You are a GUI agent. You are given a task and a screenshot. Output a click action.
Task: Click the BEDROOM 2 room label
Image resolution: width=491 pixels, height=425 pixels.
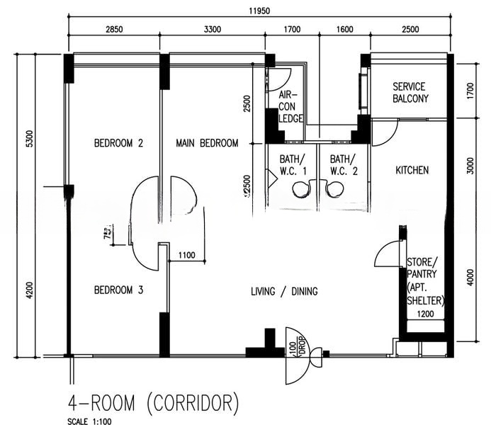pyautogui.click(x=118, y=143)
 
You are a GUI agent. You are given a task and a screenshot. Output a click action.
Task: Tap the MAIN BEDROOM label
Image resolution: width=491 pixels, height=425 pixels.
pyautogui.click(x=207, y=143)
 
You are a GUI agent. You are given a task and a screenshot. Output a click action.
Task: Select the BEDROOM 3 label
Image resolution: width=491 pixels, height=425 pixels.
pyautogui.click(x=118, y=290)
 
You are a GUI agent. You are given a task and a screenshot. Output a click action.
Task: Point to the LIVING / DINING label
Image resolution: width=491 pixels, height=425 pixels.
pyautogui.click(x=284, y=291)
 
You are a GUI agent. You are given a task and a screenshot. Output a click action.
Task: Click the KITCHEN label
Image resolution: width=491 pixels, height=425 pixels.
pyautogui.click(x=412, y=171)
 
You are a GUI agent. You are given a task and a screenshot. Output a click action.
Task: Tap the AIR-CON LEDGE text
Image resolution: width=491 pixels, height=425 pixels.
pyautogui.click(x=289, y=106)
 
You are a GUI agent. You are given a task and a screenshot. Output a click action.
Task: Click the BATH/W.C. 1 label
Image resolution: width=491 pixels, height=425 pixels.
pyautogui.click(x=292, y=165)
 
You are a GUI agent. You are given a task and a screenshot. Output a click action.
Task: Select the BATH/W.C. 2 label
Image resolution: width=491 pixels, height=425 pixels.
pyautogui.click(x=344, y=165)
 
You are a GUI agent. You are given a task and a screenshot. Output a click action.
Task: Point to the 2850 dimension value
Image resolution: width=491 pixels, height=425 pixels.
pyautogui.click(x=114, y=29)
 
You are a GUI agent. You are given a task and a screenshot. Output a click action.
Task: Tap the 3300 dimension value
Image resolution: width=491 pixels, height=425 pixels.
pyautogui.click(x=212, y=29)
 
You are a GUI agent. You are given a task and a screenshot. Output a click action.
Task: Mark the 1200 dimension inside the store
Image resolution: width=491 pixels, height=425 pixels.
pyautogui.click(x=424, y=314)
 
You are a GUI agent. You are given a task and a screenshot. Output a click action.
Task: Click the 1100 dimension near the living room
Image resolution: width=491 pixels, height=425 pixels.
pyautogui.click(x=187, y=255)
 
